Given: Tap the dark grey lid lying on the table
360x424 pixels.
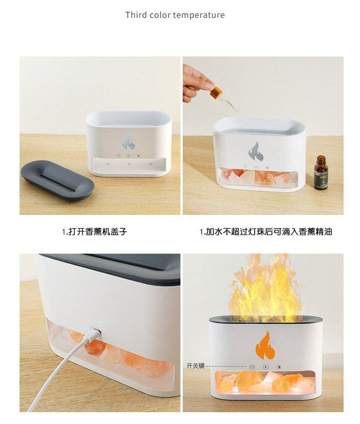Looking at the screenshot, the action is (x=57, y=179).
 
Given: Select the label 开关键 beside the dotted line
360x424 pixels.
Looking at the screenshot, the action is (x=195, y=366).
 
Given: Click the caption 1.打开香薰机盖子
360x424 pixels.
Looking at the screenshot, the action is (x=94, y=232).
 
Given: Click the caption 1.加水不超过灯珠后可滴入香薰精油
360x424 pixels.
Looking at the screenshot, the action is (x=266, y=232).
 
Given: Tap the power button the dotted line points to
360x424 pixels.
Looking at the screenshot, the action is (x=252, y=367).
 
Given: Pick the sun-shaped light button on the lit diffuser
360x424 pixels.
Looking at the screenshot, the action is (x=279, y=367).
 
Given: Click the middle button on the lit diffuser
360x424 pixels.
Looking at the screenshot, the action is (x=266, y=367).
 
